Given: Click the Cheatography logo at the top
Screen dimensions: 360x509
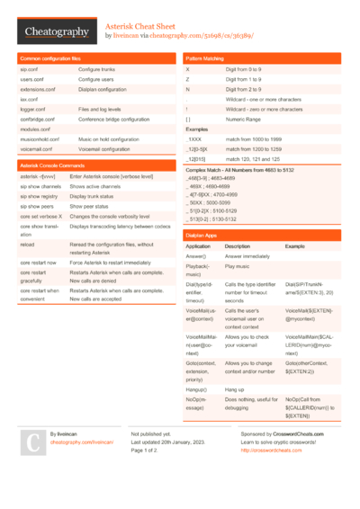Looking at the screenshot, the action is (57, 32).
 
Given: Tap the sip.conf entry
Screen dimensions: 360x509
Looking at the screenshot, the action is (29, 69).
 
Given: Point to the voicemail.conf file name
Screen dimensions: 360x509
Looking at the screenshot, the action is (38, 148).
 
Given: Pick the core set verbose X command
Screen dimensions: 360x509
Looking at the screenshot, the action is (41, 216).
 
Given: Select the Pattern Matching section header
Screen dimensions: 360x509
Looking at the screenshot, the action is (205, 58).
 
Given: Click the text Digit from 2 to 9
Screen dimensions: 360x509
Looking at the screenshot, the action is (246, 89).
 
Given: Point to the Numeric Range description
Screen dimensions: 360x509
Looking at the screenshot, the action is (243, 119).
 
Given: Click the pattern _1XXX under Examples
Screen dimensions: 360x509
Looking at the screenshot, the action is (194, 139).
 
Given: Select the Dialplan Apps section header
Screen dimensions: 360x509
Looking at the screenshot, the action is (201, 235).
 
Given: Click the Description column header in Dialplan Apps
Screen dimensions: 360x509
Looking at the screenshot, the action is (238, 246).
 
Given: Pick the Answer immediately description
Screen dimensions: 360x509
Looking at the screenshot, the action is (247, 255).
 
